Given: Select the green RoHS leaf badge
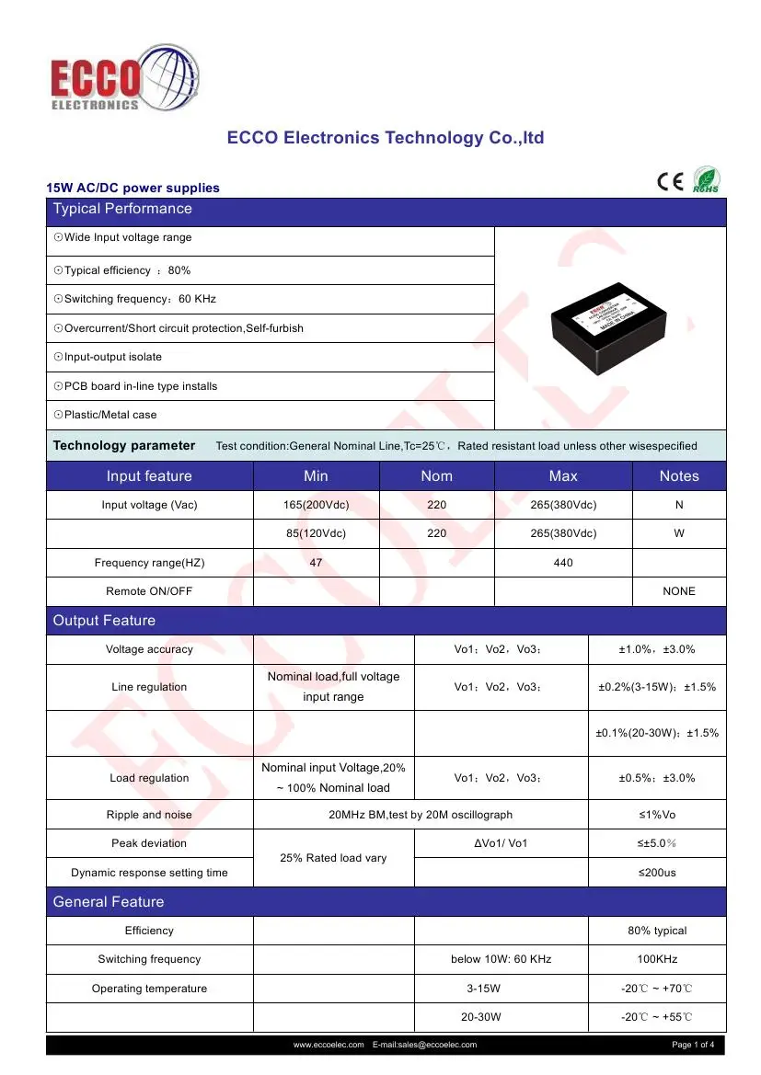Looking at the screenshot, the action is [x=706, y=180].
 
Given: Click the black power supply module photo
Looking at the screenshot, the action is [x=611, y=326].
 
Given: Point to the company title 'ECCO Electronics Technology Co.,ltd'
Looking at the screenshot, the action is [x=386, y=138].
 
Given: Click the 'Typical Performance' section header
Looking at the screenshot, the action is [x=122, y=209].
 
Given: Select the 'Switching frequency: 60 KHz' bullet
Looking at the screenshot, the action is [x=135, y=299].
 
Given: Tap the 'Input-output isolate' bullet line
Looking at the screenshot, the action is [x=108, y=357].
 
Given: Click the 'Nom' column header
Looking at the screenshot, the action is [x=436, y=475].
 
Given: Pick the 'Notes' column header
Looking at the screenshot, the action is [x=679, y=475].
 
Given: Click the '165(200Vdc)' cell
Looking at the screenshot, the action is [x=316, y=505].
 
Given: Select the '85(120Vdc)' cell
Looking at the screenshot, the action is [x=316, y=533].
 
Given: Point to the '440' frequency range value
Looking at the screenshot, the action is [x=563, y=562].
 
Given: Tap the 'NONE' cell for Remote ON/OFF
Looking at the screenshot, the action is [x=679, y=591].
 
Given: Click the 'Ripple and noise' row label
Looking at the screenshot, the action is [x=149, y=815].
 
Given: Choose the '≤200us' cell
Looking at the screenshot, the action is [x=657, y=872].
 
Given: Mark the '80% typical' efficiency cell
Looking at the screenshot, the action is [x=657, y=931].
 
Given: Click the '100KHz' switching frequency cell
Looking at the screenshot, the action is [x=657, y=959].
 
